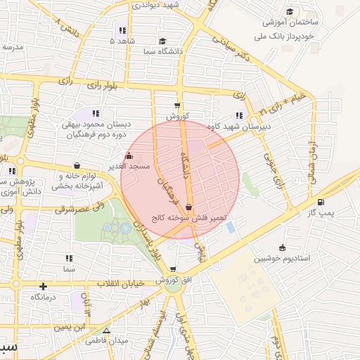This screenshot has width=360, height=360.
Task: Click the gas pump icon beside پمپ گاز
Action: (321, 203)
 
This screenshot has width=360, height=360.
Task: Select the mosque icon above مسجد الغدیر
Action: (128, 156)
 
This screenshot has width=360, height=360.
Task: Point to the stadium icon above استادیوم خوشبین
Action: (282, 247)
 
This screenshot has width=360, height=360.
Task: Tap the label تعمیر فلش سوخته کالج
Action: (190, 218)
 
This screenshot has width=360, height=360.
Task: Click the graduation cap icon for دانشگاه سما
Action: (162, 42)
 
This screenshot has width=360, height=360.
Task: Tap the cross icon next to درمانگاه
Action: (44, 286)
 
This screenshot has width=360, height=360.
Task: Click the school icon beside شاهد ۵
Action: (122, 30)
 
